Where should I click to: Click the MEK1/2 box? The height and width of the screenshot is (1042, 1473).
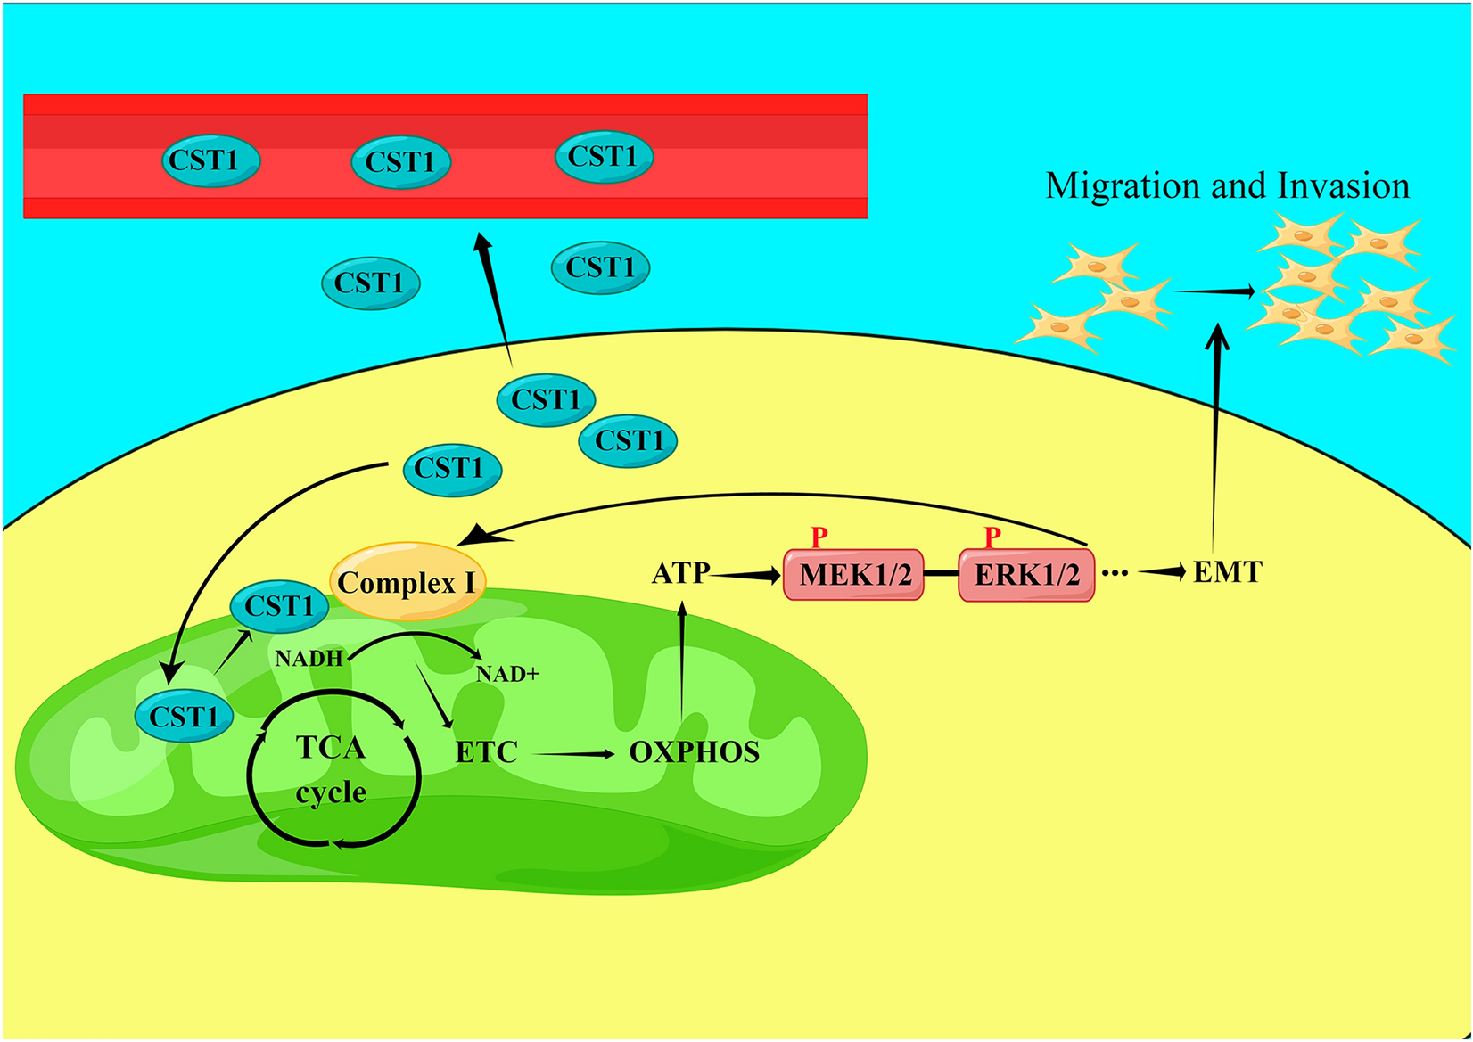(x=853, y=575)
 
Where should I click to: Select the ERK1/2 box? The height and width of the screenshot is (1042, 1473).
(x=1026, y=575)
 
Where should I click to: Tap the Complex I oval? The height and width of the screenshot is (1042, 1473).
(x=407, y=582)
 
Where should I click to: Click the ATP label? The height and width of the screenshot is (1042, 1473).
(x=680, y=572)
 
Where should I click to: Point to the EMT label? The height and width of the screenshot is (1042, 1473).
(x=1227, y=571)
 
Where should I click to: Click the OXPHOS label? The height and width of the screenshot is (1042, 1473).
(x=694, y=752)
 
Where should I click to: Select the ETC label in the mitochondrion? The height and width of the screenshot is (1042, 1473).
(x=486, y=752)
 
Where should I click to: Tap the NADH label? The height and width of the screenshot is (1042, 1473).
(x=309, y=659)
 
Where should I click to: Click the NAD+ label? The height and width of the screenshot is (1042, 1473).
(x=507, y=674)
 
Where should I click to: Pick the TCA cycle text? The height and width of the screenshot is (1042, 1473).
(x=331, y=769)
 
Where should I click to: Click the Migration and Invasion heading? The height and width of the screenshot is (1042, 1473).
(x=1227, y=185)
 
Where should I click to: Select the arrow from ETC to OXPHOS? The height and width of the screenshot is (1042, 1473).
(x=574, y=754)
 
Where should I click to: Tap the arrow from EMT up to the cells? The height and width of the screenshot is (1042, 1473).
(x=1215, y=437)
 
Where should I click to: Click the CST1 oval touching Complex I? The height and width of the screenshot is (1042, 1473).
(x=280, y=606)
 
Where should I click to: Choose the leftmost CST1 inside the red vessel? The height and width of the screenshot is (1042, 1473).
(x=210, y=160)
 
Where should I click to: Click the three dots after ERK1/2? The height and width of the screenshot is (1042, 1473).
(x=1115, y=573)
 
